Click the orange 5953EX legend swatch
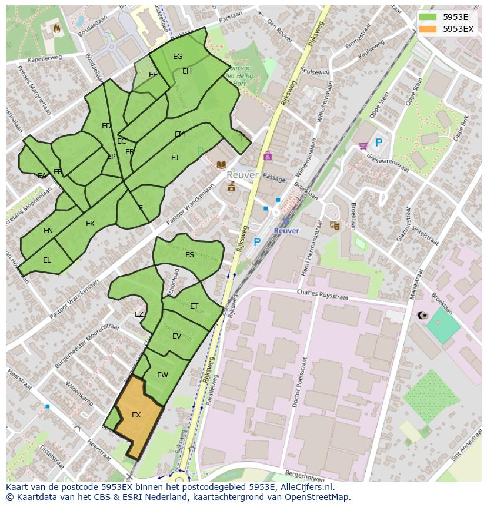click(428, 29)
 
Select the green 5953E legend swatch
click(428, 17)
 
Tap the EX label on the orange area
click(136, 415)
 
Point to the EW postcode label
click(162, 375)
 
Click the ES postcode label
click(189, 255)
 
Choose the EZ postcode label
click(139, 314)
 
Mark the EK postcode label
click(90, 224)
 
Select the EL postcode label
click(47, 260)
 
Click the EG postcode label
click(178, 57)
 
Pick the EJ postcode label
click(175, 158)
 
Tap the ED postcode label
click(106, 126)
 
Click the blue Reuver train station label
click(286, 231)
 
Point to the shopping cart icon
click(363, 145)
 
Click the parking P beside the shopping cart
click(379, 143)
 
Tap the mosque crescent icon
click(421, 316)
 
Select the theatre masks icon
click(335, 225)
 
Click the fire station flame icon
click(56, 28)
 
